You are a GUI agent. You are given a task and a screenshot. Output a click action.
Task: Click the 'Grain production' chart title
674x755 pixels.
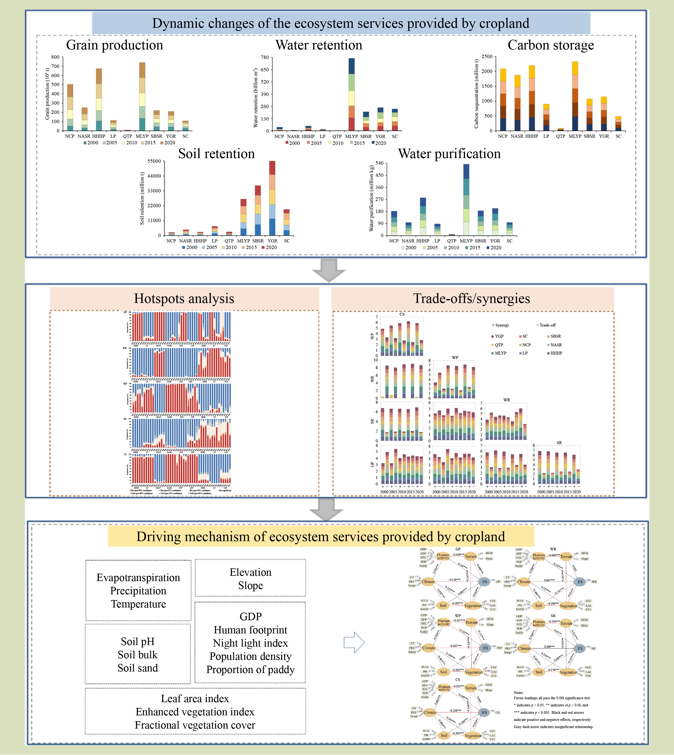tap(114, 45)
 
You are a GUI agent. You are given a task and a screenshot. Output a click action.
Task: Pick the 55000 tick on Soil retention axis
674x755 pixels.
tap(154, 161)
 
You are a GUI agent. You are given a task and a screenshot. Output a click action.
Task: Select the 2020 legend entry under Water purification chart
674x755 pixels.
tap(494, 247)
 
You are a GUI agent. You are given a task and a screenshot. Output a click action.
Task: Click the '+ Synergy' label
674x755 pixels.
tap(500, 325)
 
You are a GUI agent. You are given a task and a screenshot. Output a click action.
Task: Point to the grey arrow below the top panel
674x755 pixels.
tap(329, 270)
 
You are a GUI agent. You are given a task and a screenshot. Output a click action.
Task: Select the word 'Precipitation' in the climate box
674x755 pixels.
tap(138, 591)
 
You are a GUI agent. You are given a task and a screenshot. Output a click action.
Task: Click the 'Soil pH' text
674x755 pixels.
tap(137, 641)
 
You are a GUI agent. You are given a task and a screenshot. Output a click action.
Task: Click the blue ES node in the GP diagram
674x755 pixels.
tap(484, 582)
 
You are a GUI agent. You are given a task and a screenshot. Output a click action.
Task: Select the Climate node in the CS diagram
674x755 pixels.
tap(430, 712)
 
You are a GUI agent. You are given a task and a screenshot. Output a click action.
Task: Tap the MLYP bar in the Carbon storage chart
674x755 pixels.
tap(575, 96)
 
